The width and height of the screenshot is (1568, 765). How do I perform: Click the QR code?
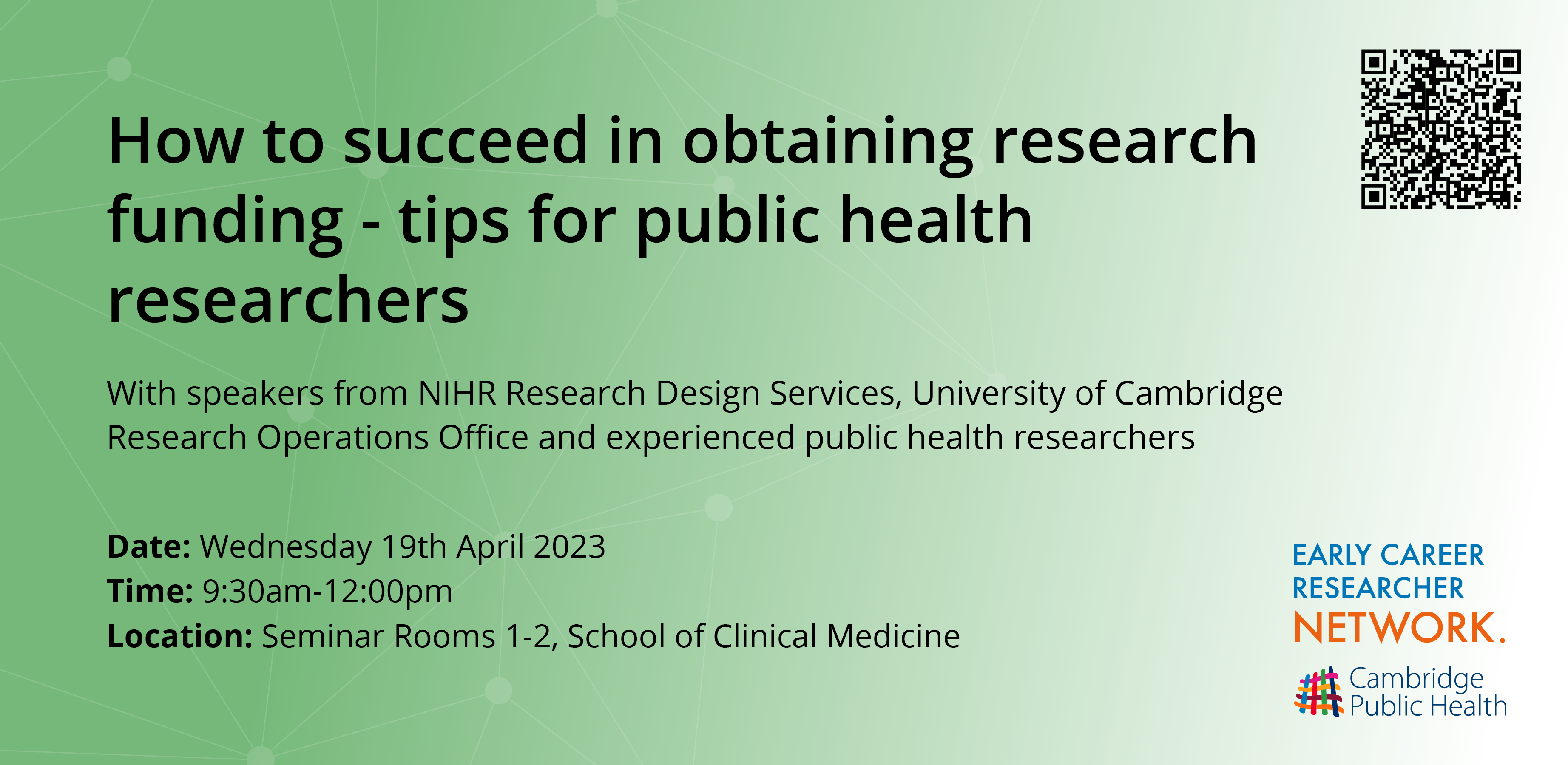1441,129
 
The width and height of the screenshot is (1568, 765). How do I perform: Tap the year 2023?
569,547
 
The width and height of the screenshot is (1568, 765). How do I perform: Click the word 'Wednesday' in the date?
286,547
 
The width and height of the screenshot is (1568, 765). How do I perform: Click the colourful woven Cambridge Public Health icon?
1318,692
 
